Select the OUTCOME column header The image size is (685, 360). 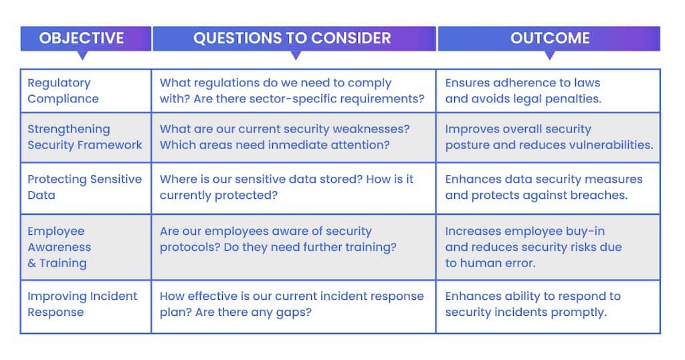[549, 38]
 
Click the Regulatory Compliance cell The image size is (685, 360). [86, 91]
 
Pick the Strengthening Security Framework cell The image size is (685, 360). [86, 138]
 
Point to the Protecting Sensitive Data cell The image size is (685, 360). [86, 188]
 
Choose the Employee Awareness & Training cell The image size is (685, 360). [86, 248]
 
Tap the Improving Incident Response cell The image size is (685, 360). [86, 306]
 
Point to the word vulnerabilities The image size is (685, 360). [617, 145]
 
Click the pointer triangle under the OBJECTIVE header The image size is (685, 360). [82, 56]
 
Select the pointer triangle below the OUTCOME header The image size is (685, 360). [550, 56]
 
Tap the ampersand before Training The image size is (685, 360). [32, 264]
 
